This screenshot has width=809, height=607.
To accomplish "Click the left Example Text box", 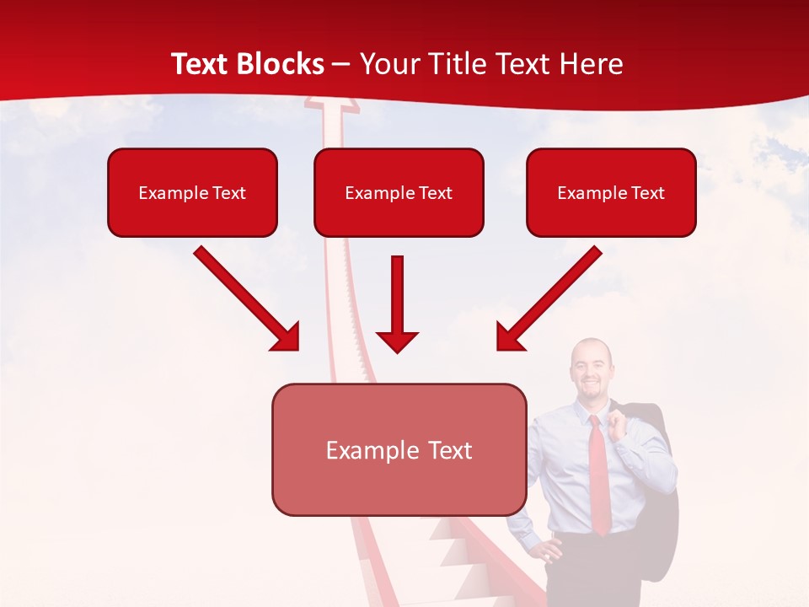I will click(192, 192).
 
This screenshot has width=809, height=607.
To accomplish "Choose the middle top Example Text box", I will click(399, 192).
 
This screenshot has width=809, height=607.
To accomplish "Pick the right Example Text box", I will click(611, 192).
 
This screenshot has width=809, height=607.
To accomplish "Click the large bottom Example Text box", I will click(399, 449).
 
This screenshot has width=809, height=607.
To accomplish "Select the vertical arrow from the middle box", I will click(397, 303).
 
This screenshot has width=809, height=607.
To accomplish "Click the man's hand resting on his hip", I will click(549, 552).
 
